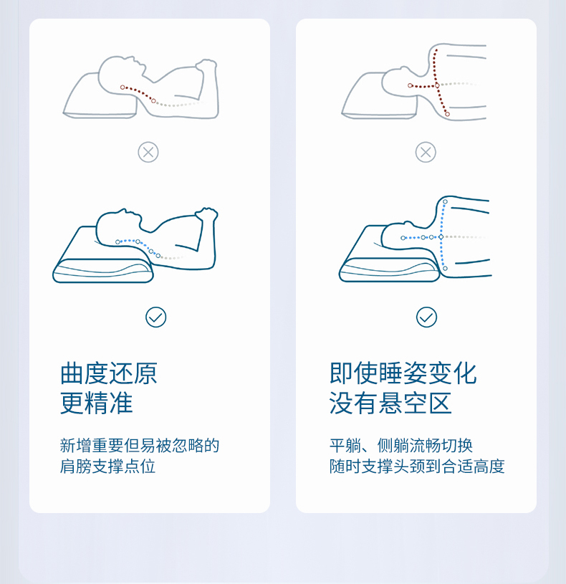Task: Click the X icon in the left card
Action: point(148,153)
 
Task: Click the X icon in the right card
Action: point(426,153)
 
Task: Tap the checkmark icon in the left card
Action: point(155,317)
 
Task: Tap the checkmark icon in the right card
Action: point(426,317)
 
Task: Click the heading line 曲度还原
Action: point(109,373)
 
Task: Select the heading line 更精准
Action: point(97,403)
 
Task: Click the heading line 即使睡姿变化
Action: point(403,373)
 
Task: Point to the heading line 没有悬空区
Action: point(390,403)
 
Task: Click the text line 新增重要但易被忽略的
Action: point(139,446)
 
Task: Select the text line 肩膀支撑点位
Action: point(107,466)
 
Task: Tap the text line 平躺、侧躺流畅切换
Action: point(401,446)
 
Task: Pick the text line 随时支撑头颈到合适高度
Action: point(417,466)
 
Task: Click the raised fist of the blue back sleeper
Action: point(206,214)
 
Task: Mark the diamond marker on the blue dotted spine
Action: point(441,237)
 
